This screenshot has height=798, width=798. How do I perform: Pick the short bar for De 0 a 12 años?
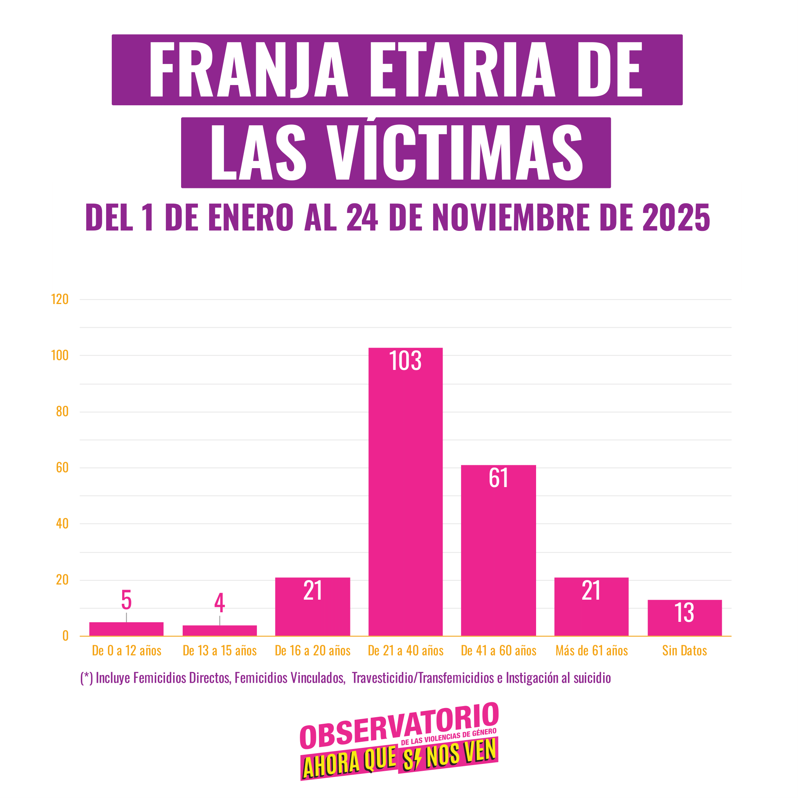pyautogui.click(x=126, y=629)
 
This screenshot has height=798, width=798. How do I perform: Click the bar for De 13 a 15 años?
pyautogui.click(x=219, y=630)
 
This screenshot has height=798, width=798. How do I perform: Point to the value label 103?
pyautogui.click(x=405, y=361)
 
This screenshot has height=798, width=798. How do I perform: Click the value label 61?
pyautogui.click(x=498, y=478)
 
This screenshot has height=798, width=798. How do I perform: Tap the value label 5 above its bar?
pyautogui.click(x=126, y=600)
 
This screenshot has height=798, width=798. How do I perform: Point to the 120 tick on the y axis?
pyautogui.click(x=60, y=299)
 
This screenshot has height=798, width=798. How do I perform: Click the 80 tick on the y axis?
pyautogui.click(x=62, y=411)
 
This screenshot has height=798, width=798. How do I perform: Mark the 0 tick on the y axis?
pyautogui.click(x=65, y=636)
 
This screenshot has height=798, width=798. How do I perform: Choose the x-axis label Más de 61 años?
pyautogui.click(x=592, y=651)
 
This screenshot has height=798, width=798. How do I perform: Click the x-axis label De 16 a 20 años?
pyautogui.click(x=313, y=651)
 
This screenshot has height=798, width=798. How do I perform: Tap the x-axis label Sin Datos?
pyautogui.click(x=684, y=651)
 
